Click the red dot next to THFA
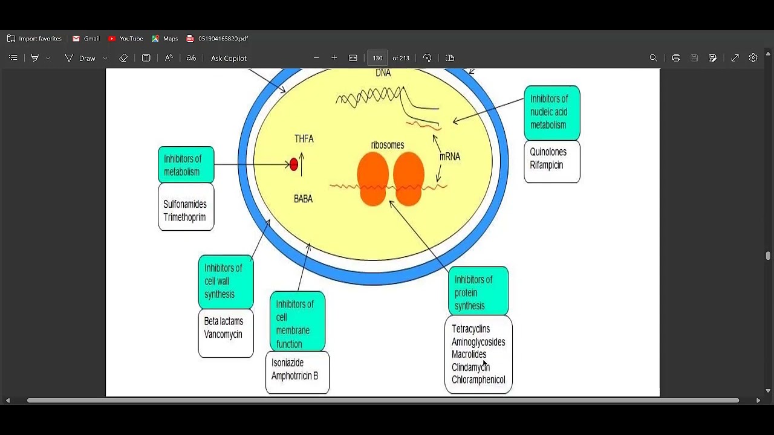pos(294,164)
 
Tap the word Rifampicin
pos(546,165)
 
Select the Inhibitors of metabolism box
pos(186,165)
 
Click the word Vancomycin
pos(223,334)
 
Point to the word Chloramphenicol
pos(478,380)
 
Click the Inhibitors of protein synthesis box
pos(478,292)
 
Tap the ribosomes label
pos(388,145)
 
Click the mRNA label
pos(450,156)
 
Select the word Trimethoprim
pos(184,217)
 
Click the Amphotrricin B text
pos(294,376)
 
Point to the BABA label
pos(303,199)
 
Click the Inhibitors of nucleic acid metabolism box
pos(551,112)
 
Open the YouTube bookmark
pos(125,39)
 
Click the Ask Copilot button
pos(229,58)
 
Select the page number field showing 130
pos(377,58)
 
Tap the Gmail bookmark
pos(86,39)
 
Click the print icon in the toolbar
pos(676,58)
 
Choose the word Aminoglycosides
pos(478,342)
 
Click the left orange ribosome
pos(372,178)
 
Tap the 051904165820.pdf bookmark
pos(218,39)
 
